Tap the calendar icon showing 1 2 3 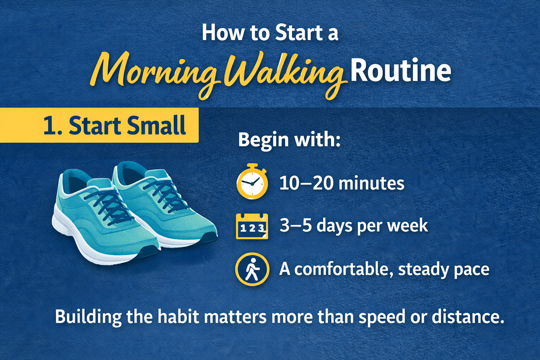pyautogui.click(x=252, y=226)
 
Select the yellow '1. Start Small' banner pyautogui.click(x=99, y=126)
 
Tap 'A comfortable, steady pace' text pyautogui.click(x=383, y=269)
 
